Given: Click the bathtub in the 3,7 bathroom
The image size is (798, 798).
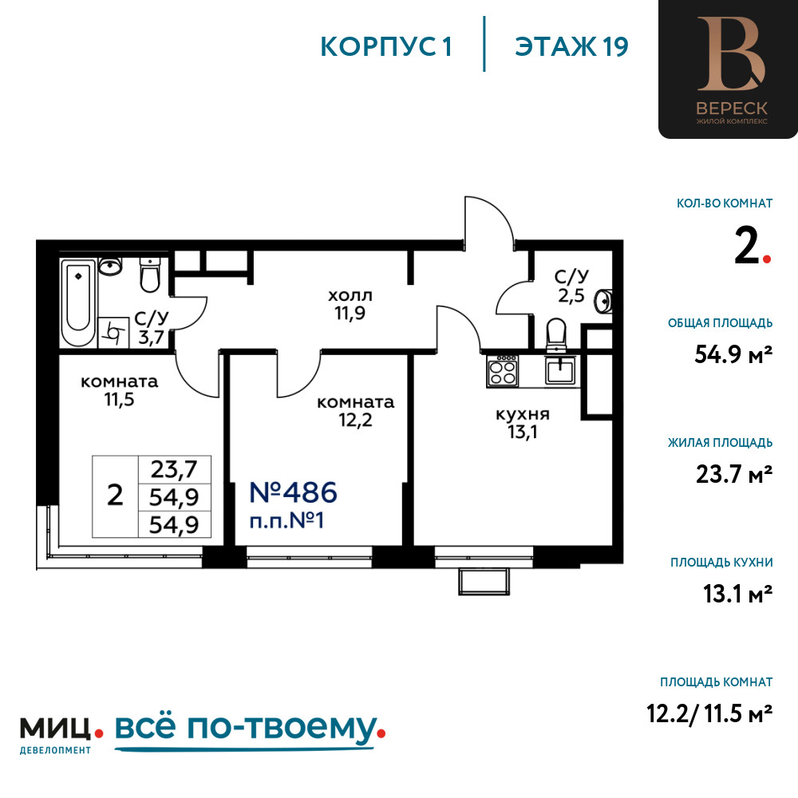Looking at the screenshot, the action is tap(78, 302).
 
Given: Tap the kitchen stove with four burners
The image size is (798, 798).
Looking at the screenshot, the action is tap(502, 371).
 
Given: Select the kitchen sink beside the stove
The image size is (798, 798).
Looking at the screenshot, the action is tap(560, 370).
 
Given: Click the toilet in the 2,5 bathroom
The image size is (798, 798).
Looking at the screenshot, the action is tap(555, 335).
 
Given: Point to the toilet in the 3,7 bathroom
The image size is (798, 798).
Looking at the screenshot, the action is tap(150, 275).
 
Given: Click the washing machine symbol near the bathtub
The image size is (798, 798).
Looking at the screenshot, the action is tap(113, 332).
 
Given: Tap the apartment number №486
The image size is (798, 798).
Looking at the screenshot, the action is tap(293, 492).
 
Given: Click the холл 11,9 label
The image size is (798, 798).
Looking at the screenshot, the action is tap(350, 304).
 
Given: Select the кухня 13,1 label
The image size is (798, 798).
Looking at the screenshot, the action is tap(523, 423).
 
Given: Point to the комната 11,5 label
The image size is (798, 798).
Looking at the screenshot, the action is tap(120, 390).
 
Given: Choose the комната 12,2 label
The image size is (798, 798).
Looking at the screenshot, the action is tap(356, 411).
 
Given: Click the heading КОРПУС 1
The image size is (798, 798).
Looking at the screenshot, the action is tap(386, 47).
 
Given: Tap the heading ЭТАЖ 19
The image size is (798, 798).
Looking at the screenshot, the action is tap(571, 47).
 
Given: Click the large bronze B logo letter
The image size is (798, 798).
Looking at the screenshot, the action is tap(730, 54).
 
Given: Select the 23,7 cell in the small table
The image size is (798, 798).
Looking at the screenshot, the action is tap(174, 469).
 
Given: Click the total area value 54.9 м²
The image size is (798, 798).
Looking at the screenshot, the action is tap(733, 354).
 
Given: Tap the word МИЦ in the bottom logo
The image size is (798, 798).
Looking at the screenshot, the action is tap(56, 729).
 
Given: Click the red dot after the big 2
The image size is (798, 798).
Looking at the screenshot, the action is tap(767, 259).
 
